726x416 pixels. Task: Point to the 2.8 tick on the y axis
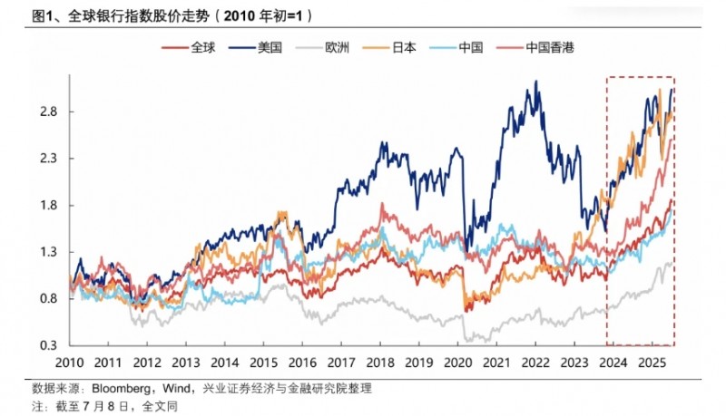(x=48, y=111)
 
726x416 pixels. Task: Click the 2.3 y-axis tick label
(x=48, y=159)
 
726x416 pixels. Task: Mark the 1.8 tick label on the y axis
(x=48, y=206)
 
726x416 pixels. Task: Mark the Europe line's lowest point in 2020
(x=466, y=341)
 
